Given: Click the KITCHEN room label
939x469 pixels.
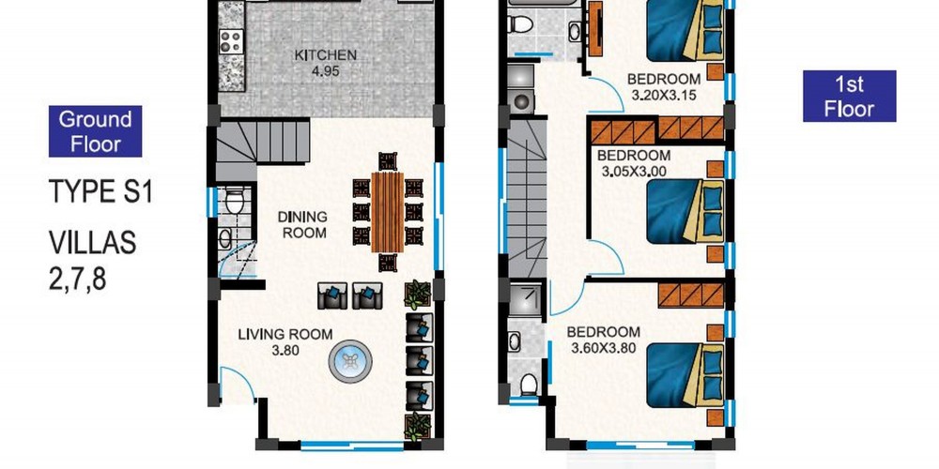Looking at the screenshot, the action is point(325,55).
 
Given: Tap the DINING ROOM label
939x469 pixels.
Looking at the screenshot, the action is point(305,224).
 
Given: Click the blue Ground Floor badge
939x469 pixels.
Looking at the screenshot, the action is point(95,131).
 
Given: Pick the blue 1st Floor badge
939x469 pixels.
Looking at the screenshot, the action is point(849,97).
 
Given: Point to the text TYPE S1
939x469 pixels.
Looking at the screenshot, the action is point(100,192).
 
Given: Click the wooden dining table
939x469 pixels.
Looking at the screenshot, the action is point(388,212).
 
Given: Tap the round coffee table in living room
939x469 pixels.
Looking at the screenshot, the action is point(350,361).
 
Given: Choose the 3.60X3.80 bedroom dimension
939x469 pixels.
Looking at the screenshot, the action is point(604,348).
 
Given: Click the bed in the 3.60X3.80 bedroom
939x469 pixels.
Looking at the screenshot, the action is point(685,374).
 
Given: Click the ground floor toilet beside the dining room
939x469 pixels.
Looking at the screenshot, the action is point(235,201).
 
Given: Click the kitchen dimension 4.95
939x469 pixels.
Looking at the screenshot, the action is point(325,70).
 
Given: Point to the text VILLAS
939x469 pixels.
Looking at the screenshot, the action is point(93,244).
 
